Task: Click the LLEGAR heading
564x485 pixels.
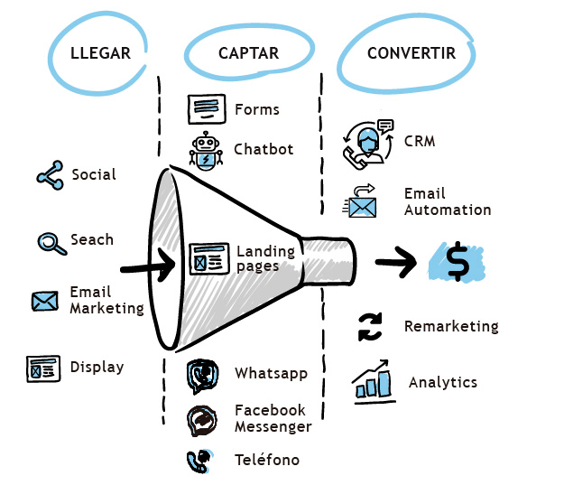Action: coord(100,53)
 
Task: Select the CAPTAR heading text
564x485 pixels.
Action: coord(248,53)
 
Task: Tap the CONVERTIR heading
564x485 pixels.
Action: coord(411,53)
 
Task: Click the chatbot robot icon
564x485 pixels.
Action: coord(206,151)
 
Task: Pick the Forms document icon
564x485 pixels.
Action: coord(207,108)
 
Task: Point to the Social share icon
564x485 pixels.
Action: coord(50,175)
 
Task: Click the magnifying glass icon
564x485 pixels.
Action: coord(51,243)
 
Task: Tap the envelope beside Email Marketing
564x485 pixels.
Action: coord(45,301)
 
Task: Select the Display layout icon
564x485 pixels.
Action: coord(43,368)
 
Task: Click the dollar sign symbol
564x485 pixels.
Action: coord(458,261)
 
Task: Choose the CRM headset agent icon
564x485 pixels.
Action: coord(368,144)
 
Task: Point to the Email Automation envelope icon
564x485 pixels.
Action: coord(360,201)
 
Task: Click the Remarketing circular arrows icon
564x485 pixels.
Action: coord(370,327)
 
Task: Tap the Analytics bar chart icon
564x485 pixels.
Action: coord(373,381)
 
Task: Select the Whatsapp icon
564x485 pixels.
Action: coord(202,376)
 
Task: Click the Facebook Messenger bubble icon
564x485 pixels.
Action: coord(202,421)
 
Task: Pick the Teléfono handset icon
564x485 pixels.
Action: coord(199,461)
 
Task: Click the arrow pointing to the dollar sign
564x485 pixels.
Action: coord(395,262)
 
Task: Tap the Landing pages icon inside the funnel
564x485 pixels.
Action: coord(209,258)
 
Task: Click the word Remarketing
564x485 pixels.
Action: coord(451,326)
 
